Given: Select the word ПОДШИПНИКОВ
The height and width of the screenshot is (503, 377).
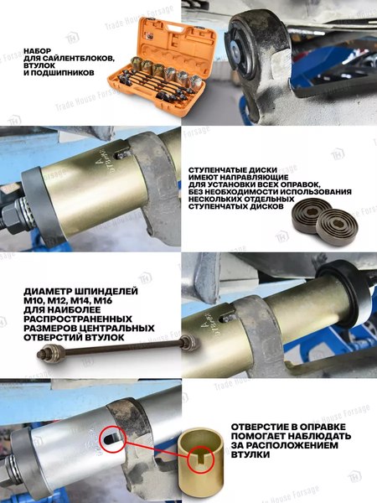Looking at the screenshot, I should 66,73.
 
